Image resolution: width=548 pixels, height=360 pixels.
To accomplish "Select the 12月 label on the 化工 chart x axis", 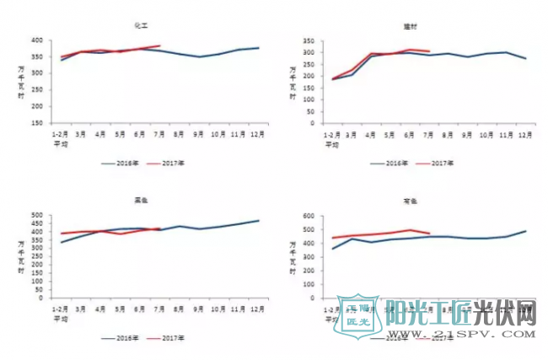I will (x=257, y=135).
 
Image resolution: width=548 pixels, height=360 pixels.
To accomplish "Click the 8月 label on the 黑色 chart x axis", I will (x=179, y=309).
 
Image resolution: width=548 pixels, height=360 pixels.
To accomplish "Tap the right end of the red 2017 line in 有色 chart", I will (x=430, y=234).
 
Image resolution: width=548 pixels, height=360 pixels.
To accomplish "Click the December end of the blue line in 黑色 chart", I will (x=258, y=221).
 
